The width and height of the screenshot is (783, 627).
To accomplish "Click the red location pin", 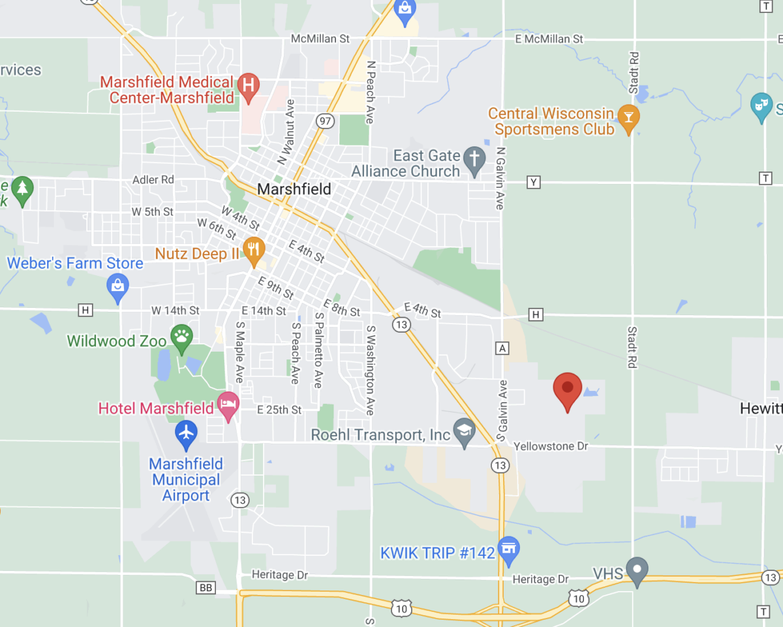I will [567, 388].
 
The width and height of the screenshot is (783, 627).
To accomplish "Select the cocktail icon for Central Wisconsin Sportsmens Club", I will [628, 118].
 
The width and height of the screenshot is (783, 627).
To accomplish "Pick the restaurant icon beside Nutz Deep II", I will [254, 249].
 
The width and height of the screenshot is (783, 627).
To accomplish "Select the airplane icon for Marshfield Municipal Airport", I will [187, 433].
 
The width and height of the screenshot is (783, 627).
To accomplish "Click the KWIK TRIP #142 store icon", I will [508, 549].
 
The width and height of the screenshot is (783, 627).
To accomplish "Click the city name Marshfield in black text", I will [294, 189].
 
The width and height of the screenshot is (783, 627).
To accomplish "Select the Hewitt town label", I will [761, 408].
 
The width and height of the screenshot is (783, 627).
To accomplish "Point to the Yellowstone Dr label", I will [551, 446].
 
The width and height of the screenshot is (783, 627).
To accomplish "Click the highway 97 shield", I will [324, 121].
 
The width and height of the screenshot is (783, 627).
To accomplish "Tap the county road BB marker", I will [206, 588].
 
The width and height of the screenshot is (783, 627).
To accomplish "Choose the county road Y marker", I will [534, 182].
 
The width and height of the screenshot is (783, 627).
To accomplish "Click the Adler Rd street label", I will [153, 179].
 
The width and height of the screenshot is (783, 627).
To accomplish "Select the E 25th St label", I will [279, 410].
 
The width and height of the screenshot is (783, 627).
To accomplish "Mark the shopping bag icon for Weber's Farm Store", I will [117, 286].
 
